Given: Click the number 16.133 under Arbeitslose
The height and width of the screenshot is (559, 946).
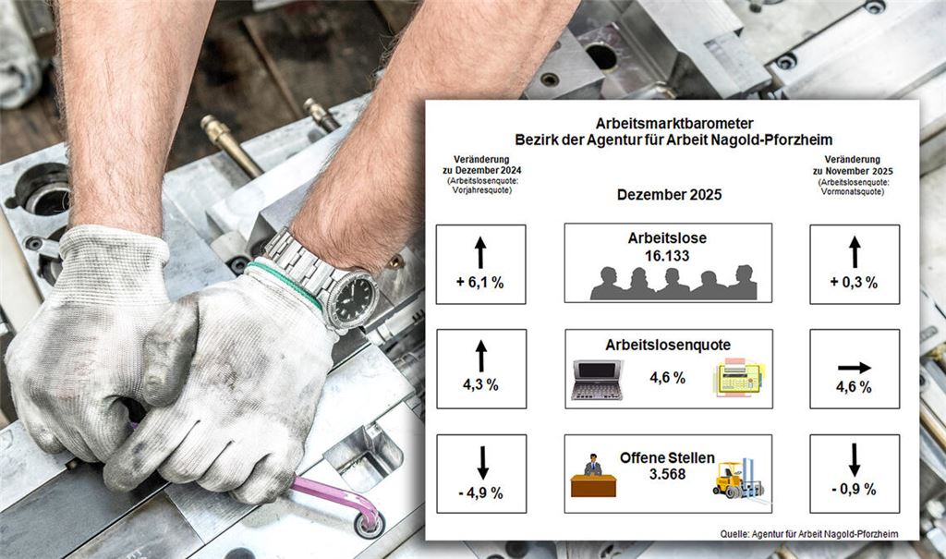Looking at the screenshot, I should coord(667,256).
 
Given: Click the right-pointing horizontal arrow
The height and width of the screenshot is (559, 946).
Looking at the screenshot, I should coord(854,367).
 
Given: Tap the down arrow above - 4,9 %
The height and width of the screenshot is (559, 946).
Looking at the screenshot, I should coord(481,461).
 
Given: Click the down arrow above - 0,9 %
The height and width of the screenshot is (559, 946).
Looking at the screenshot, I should coord(855,459).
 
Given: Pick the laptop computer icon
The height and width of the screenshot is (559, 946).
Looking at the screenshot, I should coord(598,380).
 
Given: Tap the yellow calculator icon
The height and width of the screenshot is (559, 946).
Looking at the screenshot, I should coord(738,378).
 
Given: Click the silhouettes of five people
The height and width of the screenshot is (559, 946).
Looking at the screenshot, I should coord(673,283).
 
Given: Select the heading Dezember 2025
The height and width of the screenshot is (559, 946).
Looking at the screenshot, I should coord(669,195).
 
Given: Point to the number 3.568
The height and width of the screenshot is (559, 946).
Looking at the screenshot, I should coord(667,472).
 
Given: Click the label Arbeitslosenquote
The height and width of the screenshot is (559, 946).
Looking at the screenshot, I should coord(668,345).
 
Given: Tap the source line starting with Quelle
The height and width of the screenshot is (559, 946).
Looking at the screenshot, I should coord(806,532).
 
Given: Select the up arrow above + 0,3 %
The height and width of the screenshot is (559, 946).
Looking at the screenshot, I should coord(855,251).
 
